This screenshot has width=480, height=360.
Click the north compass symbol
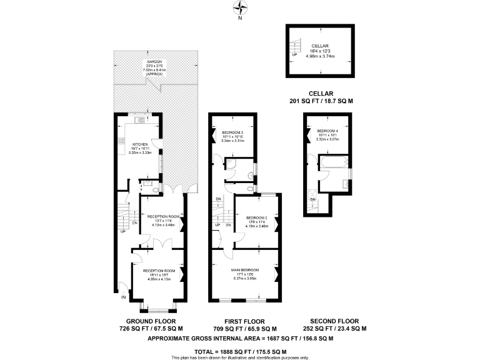click(240, 8)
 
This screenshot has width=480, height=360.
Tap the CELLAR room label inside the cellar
click(319, 46)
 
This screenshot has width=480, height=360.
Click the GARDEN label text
click(154, 61)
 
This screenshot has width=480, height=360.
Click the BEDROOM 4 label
click(328, 131)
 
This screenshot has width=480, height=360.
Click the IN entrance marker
click(124, 297)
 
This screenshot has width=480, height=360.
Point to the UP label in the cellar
click(294, 54)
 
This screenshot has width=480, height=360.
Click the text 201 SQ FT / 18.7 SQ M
click(321, 101)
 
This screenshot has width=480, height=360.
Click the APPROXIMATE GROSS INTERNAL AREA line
click(240, 338)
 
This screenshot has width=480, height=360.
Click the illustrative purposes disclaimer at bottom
click(240, 357)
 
